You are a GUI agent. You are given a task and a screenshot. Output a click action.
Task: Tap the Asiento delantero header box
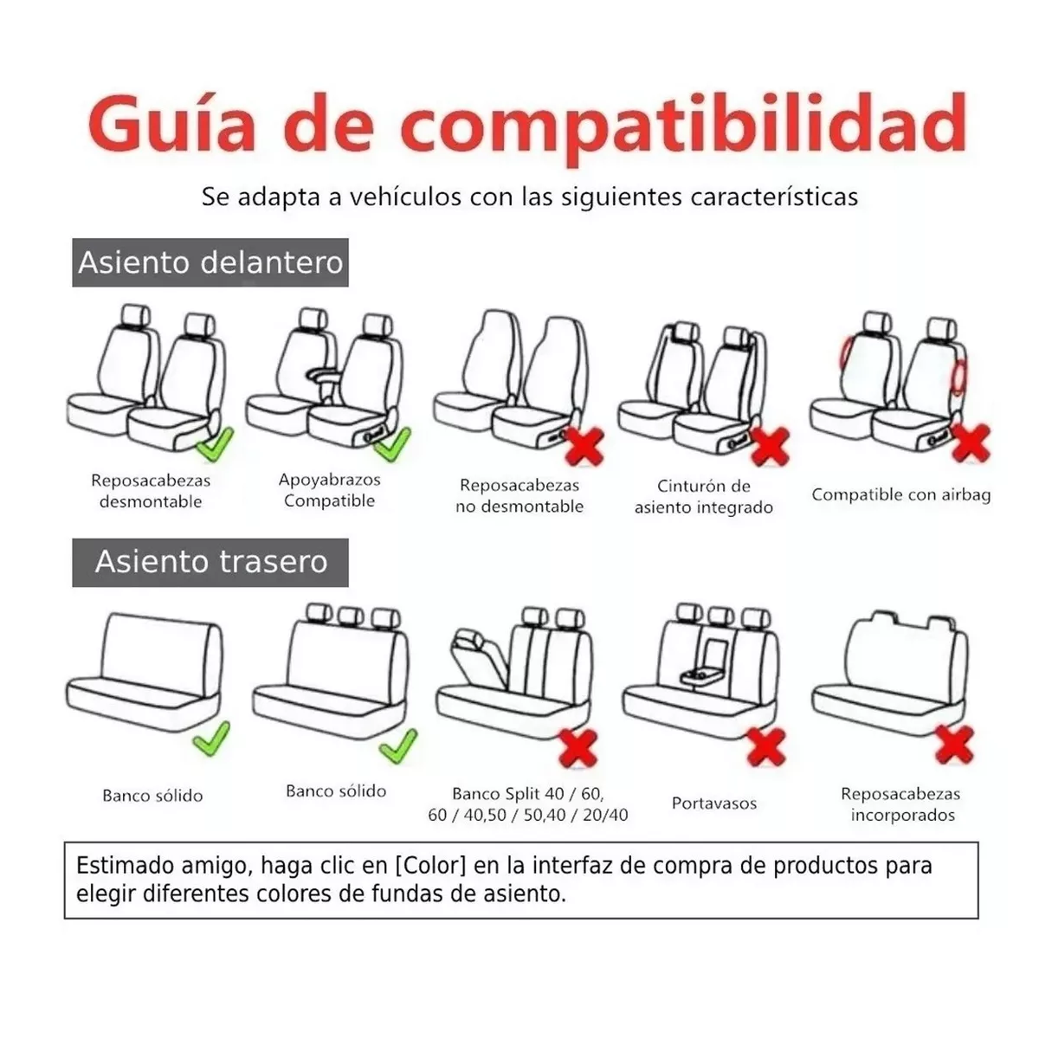210,262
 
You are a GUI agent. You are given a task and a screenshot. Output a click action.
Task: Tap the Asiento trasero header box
210,562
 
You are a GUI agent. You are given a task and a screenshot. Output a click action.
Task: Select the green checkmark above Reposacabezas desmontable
214,445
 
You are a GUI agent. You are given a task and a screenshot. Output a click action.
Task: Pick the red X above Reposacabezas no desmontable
584,447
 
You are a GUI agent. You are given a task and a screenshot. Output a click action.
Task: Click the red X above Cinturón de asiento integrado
770,447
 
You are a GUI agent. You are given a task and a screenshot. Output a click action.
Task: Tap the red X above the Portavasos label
766,747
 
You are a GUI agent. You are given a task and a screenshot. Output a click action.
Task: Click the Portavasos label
714,803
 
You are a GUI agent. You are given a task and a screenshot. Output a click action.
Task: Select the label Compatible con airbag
900,495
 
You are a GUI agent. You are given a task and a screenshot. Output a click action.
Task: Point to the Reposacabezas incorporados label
900,804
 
